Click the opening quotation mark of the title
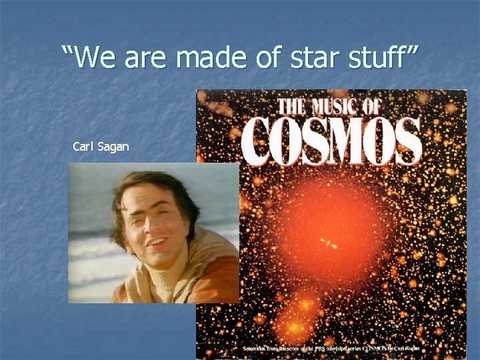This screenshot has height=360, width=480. pyautogui.click(x=66, y=52)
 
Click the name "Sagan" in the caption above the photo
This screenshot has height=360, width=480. pyautogui.click(x=113, y=146)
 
